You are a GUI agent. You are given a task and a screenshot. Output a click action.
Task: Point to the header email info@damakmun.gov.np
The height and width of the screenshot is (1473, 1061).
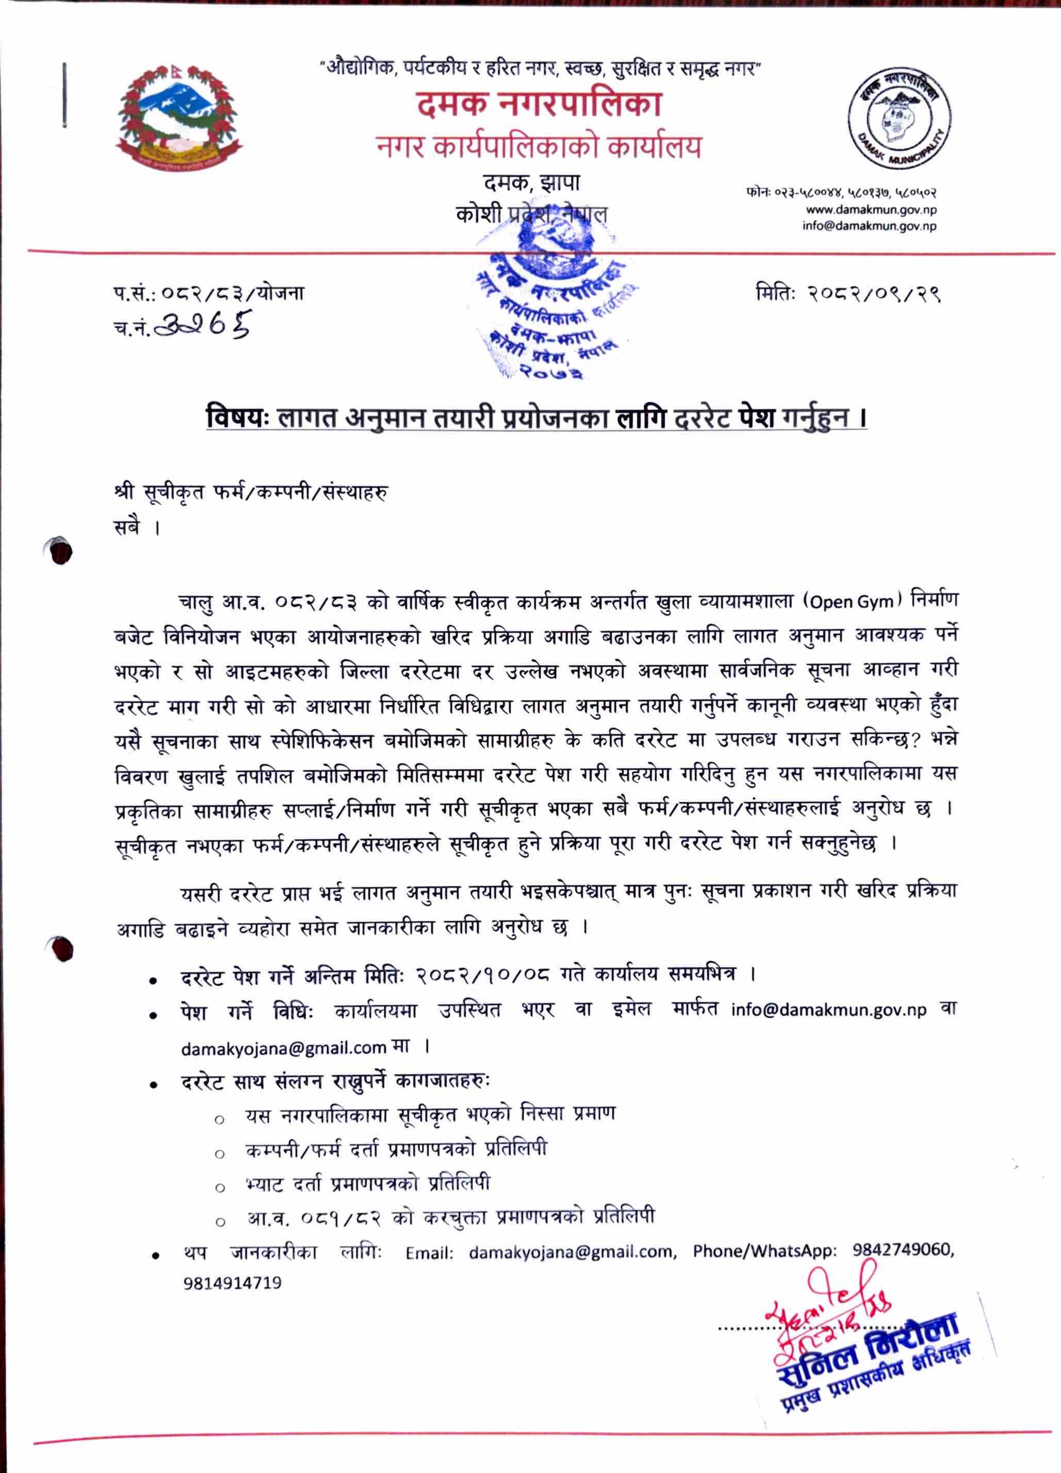[869, 226]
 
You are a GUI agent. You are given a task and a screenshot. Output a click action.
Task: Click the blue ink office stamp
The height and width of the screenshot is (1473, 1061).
[552, 305]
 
